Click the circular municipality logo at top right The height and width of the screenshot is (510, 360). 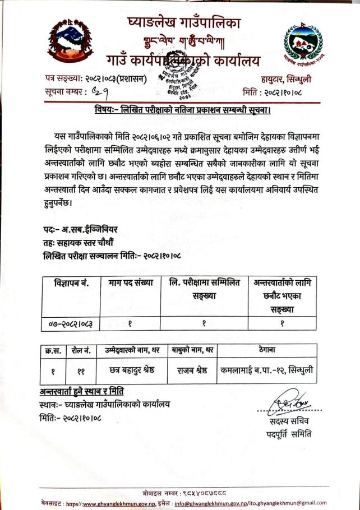pyautogui.click(x=303, y=44)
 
